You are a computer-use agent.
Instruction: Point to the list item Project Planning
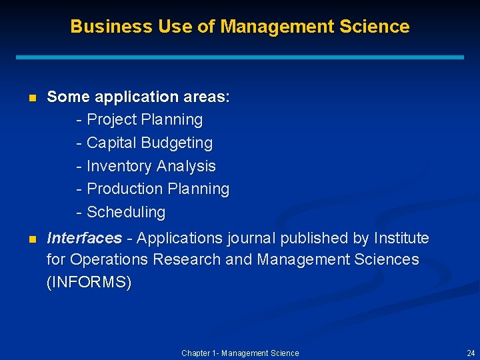(145, 120)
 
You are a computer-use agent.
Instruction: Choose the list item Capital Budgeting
(149, 143)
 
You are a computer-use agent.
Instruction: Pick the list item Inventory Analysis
(151, 166)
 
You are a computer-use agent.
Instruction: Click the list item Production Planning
(158, 189)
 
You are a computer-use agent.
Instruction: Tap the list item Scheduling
(126, 212)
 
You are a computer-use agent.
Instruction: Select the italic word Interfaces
(84, 238)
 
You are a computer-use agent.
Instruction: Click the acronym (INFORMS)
(89, 282)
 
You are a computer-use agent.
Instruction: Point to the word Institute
(401, 238)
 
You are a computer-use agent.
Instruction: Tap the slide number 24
(471, 353)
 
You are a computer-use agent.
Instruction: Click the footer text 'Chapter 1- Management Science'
(240, 353)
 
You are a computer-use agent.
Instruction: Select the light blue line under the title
(240, 58)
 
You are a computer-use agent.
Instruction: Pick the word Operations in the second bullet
(109, 259)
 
